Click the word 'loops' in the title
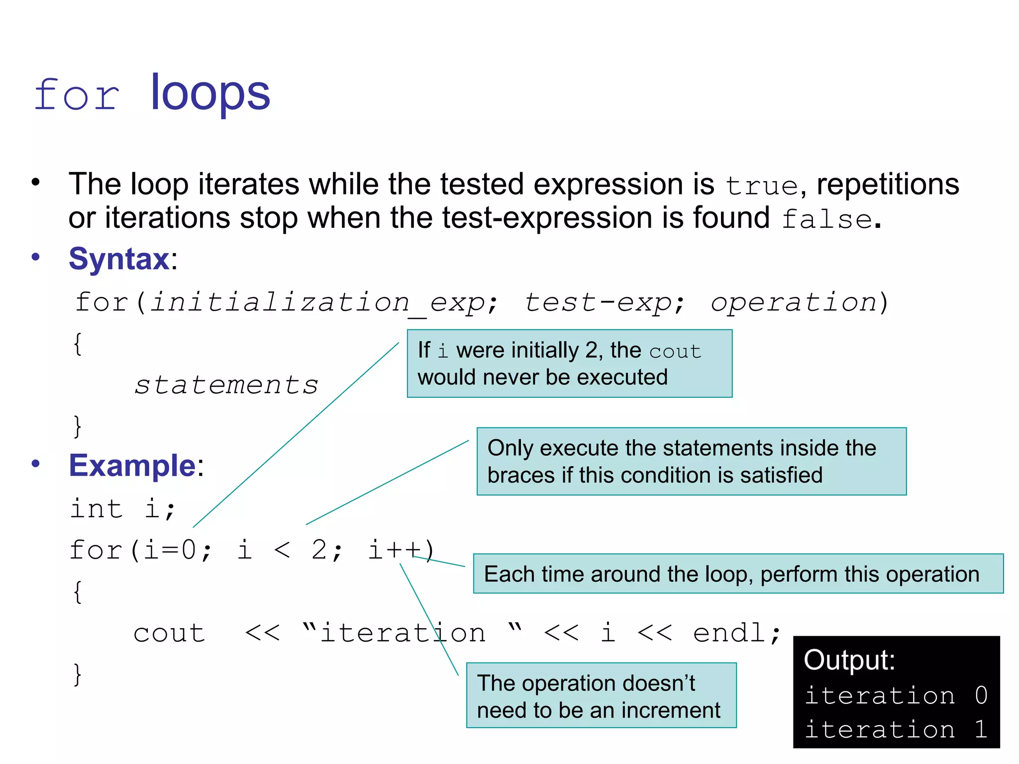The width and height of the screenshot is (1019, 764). (x=210, y=93)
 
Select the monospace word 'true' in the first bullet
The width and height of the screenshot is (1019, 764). (x=762, y=187)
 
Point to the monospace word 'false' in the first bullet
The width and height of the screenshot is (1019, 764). (x=826, y=219)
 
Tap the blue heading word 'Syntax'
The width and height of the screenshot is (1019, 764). (x=119, y=259)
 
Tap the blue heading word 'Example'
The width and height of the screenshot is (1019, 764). (x=132, y=466)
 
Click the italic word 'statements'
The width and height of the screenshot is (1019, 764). (x=226, y=385)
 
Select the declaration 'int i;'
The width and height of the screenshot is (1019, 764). (x=122, y=509)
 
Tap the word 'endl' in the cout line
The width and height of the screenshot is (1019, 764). (x=729, y=633)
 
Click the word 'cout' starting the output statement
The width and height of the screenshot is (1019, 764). (x=169, y=633)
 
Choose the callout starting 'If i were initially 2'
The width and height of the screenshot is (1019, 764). (x=569, y=364)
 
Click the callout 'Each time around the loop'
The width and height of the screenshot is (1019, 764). (x=738, y=574)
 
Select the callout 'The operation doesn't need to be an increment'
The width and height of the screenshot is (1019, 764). (x=601, y=696)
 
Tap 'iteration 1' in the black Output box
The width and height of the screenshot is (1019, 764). (x=896, y=730)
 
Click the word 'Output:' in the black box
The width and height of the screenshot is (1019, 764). (x=849, y=660)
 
